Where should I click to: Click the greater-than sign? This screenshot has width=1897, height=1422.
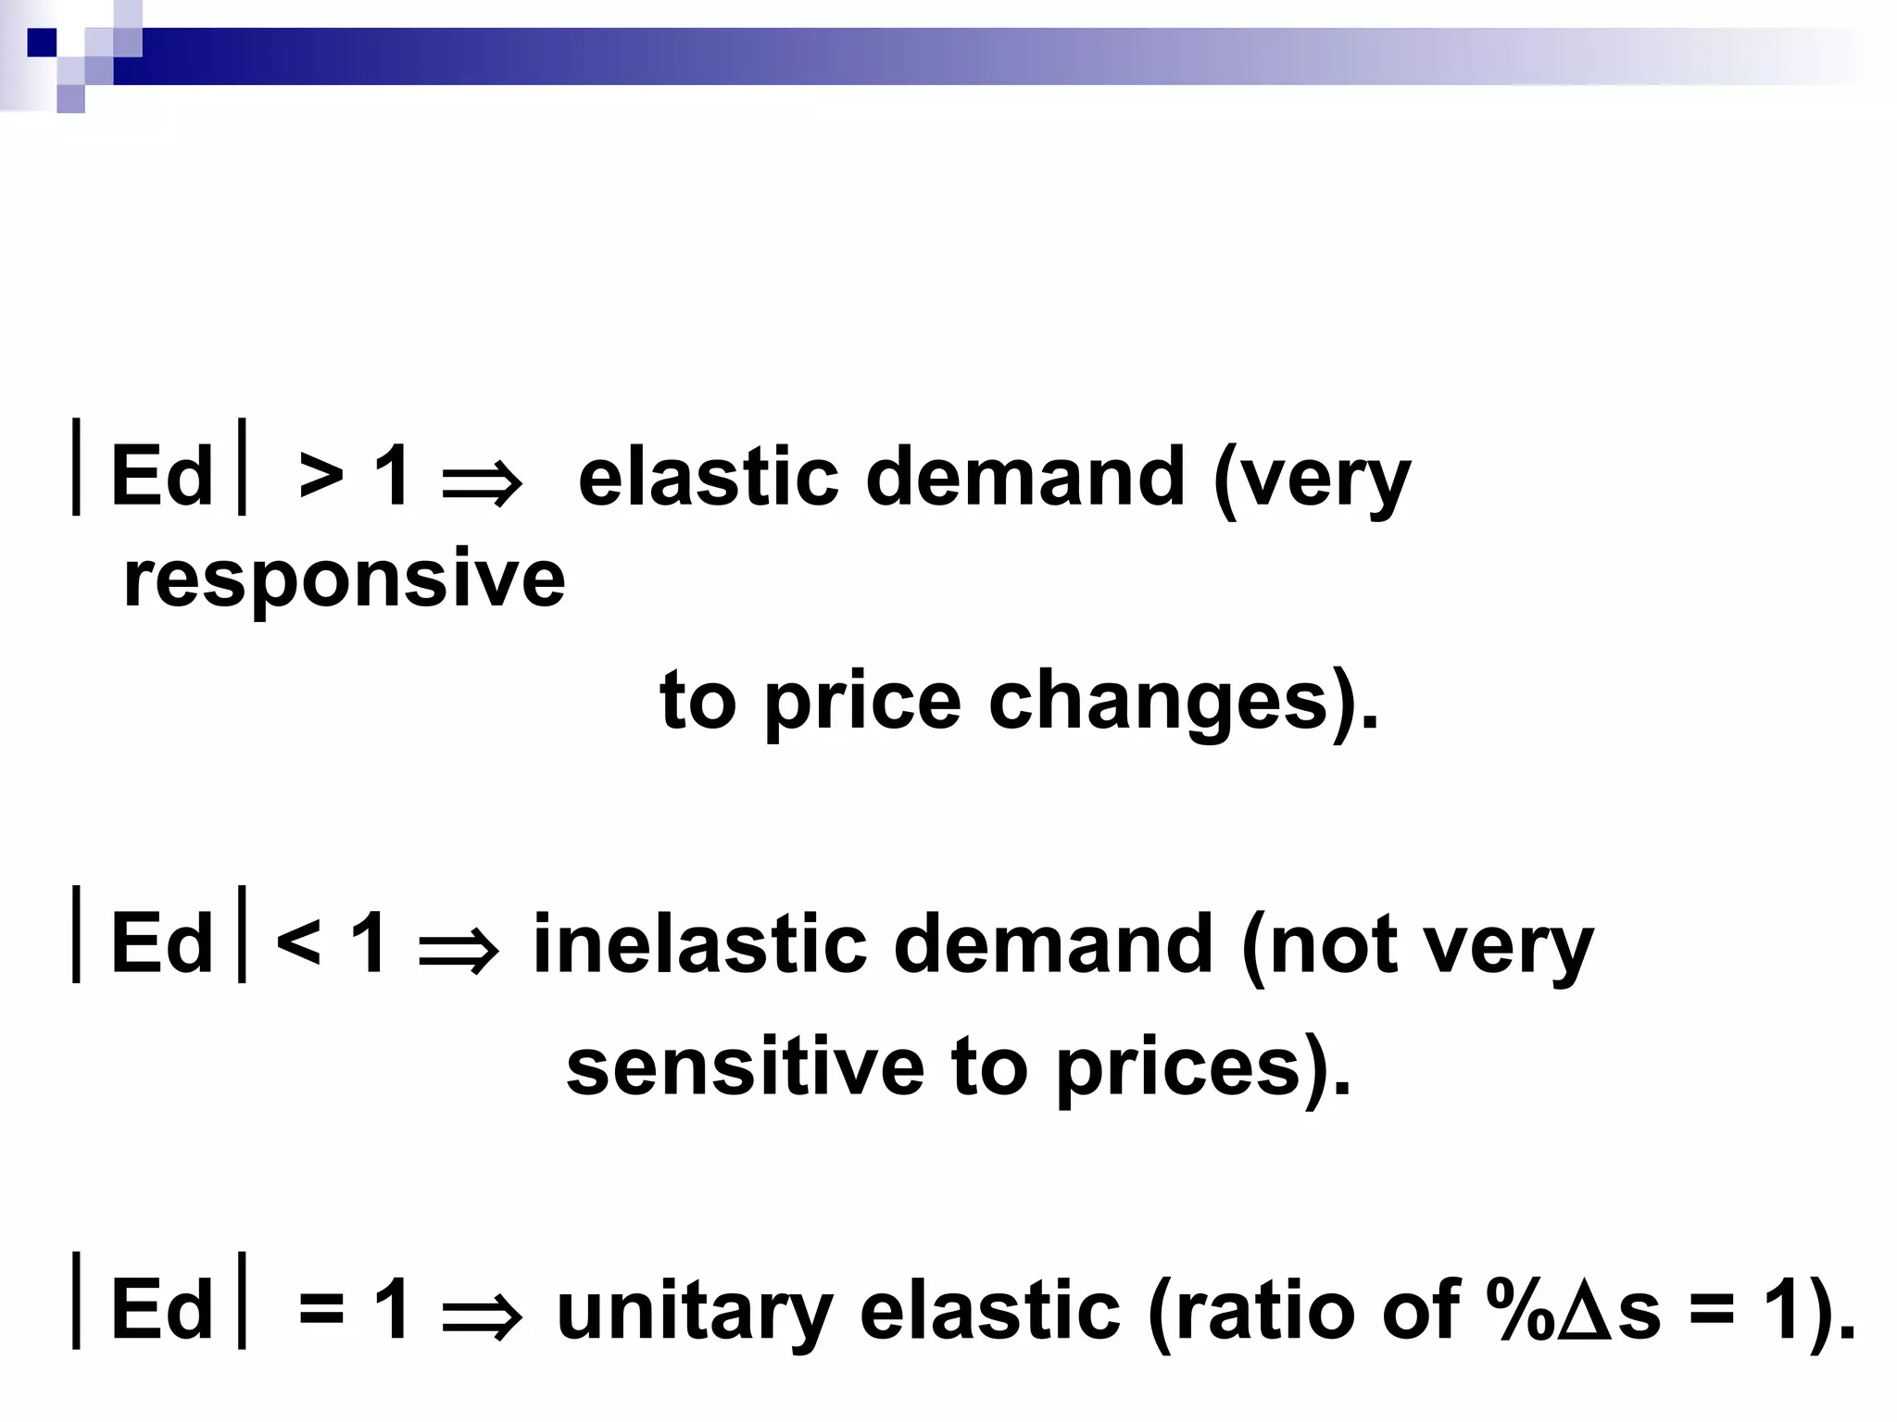[321, 479]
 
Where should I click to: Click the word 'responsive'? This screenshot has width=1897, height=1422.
[344, 580]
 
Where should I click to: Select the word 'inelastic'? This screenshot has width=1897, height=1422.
[700, 944]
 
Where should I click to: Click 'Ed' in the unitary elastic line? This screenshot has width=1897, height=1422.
[162, 1310]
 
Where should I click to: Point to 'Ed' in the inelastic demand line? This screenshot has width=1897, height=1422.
[162, 944]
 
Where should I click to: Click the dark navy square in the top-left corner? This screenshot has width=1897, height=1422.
[42, 43]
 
